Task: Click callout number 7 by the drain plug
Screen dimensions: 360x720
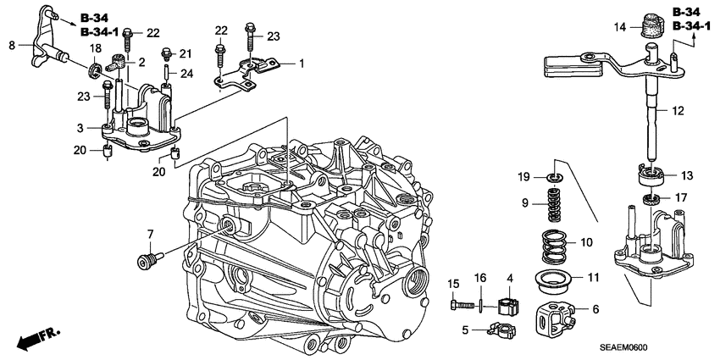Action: pyautogui.click(x=150, y=234)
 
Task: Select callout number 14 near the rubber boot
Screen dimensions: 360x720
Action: pyautogui.click(x=619, y=28)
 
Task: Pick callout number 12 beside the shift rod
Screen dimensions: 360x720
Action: pyautogui.click(x=677, y=111)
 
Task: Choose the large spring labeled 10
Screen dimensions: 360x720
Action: pyautogui.click(x=556, y=245)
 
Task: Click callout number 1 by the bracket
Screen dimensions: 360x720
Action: pyautogui.click(x=300, y=64)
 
